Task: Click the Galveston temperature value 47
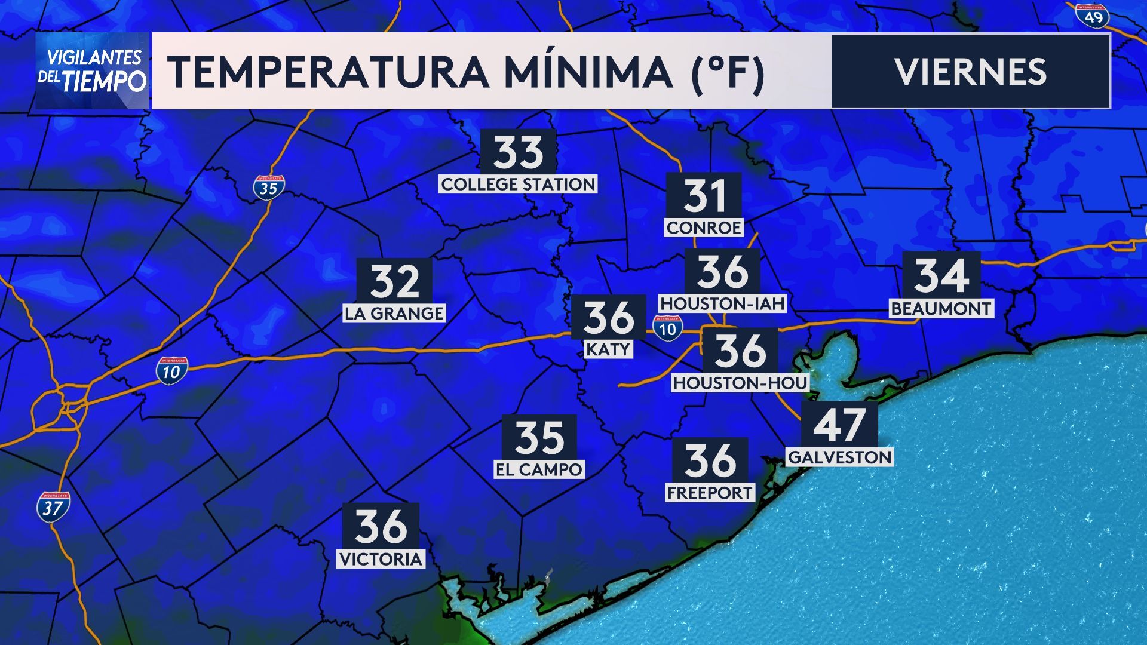click(839, 425)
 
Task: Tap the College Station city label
click(519, 184)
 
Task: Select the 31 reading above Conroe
click(704, 196)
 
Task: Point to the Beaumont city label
click(941, 309)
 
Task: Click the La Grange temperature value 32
click(394, 281)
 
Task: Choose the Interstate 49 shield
click(1093, 17)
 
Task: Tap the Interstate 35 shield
click(269, 188)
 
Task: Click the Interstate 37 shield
click(53, 507)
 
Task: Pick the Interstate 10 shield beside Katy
click(667, 328)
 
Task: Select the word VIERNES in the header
click(970, 72)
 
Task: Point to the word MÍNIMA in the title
click(588, 72)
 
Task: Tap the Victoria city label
click(381, 559)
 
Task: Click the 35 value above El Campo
click(539, 438)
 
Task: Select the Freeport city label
click(710, 493)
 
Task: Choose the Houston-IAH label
click(722, 303)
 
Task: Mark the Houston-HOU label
click(740, 383)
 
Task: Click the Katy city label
click(608, 349)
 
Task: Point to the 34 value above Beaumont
click(941, 275)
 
